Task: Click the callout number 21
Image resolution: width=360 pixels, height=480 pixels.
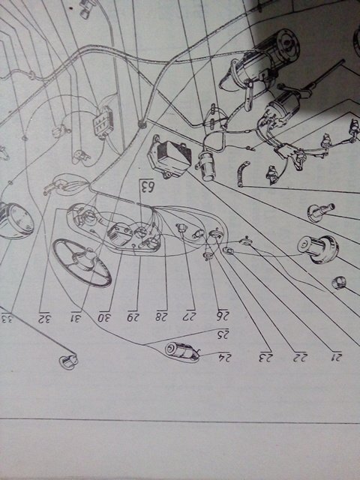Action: (x=336, y=357)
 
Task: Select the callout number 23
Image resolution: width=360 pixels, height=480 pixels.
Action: (x=265, y=357)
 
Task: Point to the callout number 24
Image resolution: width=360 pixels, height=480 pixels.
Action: (x=224, y=357)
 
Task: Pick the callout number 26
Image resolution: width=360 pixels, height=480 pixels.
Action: (x=223, y=316)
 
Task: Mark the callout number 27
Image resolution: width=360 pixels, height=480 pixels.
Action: (x=190, y=316)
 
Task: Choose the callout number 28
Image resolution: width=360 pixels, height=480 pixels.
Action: (x=161, y=316)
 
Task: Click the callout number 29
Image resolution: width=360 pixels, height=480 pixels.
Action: (x=133, y=317)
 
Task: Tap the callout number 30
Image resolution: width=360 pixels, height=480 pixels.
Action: (x=105, y=317)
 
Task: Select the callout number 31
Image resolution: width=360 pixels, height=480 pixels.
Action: (x=76, y=318)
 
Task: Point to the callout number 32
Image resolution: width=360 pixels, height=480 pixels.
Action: (x=44, y=318)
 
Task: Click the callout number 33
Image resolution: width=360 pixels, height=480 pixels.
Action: (x=7, y=318)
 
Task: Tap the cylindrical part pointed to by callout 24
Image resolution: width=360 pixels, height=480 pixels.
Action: (x=182, y=352)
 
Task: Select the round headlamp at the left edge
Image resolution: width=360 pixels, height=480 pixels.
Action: (x=16, y=220)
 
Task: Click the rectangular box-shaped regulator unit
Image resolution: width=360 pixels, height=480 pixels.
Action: (x=170, y=158)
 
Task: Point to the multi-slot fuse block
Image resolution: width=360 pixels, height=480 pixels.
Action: (x=103, y=123)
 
